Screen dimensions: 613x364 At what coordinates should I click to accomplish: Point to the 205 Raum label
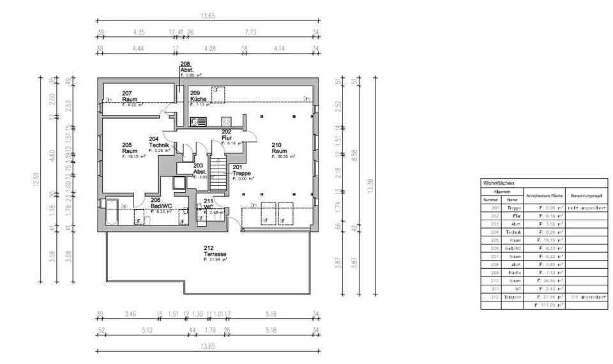coord(132,149)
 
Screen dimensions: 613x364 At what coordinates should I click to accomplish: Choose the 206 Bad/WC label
coord(161,203)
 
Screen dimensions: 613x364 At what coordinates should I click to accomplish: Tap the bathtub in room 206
coord(112,211)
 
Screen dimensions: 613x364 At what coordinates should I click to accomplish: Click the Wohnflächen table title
coord(499,183)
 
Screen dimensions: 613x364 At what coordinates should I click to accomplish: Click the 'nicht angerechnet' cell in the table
coord(586,208)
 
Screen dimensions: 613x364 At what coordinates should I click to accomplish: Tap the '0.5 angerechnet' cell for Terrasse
coord(586,296)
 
